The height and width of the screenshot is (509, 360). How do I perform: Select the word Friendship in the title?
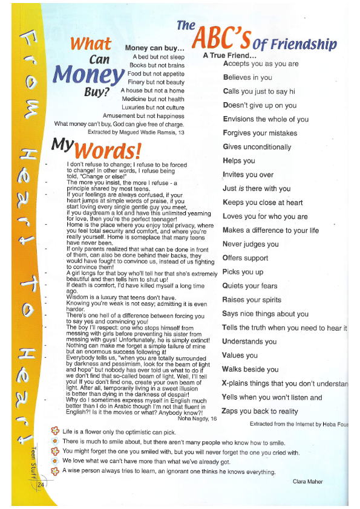click(x=304, y=44)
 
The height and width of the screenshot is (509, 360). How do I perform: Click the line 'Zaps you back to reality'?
click(x=260, y=411)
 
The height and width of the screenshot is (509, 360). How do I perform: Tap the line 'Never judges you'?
click(x=250, y=244)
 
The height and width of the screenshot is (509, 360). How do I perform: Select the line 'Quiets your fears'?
click(x=250, y=286)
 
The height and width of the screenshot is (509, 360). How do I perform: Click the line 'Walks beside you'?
click(x=249, y=369)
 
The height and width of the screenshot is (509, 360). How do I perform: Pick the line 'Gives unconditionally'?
click(x=257, y=147)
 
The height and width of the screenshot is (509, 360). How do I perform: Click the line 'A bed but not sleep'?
click(x=159, y=57)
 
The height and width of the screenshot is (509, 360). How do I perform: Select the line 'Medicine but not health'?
click(x=153, y=99)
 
